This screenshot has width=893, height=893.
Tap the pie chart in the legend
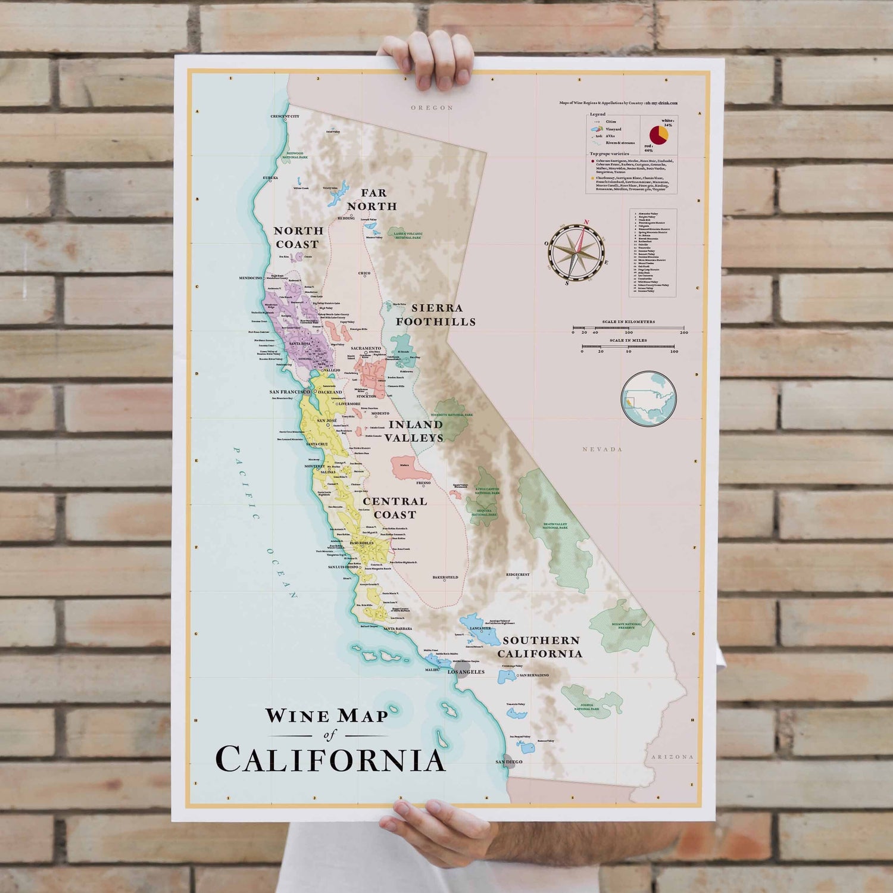click(658, 135)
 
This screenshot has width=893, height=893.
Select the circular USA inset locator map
click(648, 399)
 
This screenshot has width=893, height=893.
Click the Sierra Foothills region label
click(436, 315)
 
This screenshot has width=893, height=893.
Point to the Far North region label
click(372, 199)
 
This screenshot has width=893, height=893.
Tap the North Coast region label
click(298, 237)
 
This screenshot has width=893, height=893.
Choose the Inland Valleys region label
click(415, 431)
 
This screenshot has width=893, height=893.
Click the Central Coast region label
click(395, 508)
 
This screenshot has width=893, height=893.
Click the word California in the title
click(330, 760)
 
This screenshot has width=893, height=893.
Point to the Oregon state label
click(432, 108)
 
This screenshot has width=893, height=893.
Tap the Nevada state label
click(602, 449)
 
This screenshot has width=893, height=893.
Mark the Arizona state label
click(672, 757)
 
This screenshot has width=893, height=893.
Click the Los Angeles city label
click(466, 672)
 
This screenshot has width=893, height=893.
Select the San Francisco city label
click(289, 392)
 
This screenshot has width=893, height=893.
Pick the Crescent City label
click(285, 116)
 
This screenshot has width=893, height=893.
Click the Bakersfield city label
click(445, 577)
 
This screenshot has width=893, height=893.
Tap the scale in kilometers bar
click(628, 327)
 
